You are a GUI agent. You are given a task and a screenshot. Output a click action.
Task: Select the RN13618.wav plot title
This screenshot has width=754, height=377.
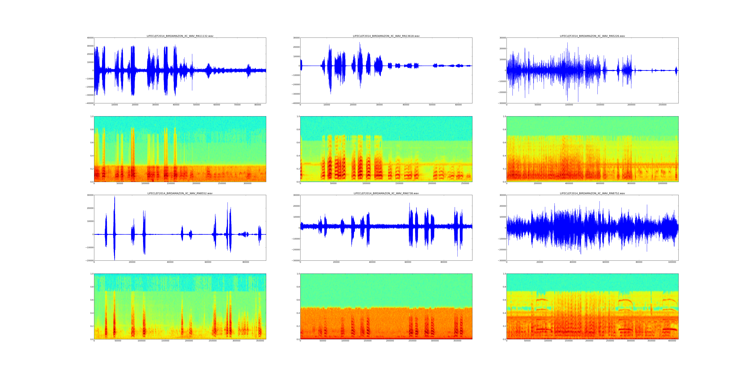click(x=386, y=36)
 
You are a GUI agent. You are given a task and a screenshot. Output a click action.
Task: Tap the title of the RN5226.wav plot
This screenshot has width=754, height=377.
click(x=592, y=36)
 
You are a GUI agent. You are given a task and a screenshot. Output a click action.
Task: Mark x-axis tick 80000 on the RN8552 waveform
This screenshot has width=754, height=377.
click(x=246, y=262)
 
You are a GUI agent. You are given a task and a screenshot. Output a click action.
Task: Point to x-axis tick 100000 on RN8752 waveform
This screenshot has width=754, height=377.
click(x=672, y=262)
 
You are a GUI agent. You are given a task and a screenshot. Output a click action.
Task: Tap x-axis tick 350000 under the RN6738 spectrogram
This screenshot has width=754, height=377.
click(x=457, y=341)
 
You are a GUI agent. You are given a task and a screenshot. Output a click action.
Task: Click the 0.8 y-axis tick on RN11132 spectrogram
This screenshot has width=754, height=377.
click(x=92, y=129)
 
